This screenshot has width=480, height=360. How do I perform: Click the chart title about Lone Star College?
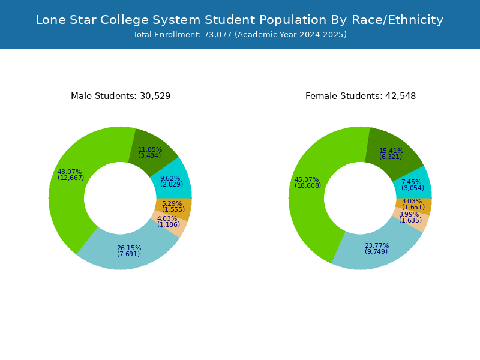coord(239,20)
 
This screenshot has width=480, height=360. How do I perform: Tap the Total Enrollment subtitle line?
coord(239,35)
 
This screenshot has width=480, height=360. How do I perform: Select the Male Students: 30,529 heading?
coord(121,96)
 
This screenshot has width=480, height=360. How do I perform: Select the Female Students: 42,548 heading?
coord(361,96)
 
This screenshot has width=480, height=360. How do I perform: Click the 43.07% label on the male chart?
coord(70,172)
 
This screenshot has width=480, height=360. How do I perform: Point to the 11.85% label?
coord(150,149)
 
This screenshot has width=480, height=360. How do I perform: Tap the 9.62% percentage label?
coord(170,178)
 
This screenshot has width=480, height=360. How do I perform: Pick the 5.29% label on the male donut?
coord(172,203)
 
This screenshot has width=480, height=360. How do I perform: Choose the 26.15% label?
coord(129,248)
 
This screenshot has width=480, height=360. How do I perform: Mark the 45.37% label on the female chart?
coord(307,179)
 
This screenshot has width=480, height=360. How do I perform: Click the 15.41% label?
coord(391,151)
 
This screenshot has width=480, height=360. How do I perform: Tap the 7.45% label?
coord(411,182)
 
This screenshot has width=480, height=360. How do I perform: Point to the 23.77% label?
coord(377,245)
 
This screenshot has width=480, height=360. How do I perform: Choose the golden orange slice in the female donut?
coord(422,206)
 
